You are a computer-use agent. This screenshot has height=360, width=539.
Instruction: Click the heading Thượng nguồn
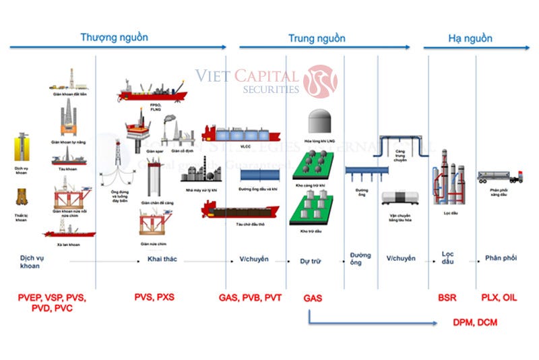pos(114,37)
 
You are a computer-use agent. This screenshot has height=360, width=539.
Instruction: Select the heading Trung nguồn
pos(317,38)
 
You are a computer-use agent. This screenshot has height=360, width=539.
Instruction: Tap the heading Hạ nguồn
pos(470,38)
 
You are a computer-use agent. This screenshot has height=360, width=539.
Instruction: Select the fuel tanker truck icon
pos(500,177)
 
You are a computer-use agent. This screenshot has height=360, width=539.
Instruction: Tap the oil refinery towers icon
pos(447,179)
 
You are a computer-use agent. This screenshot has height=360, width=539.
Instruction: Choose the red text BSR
pos(447,297)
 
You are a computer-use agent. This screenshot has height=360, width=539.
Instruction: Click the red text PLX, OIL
pos(499,297)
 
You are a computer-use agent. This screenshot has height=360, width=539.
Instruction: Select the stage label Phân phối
pos(501,259)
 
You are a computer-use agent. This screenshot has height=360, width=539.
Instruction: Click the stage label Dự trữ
pos(310,259)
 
